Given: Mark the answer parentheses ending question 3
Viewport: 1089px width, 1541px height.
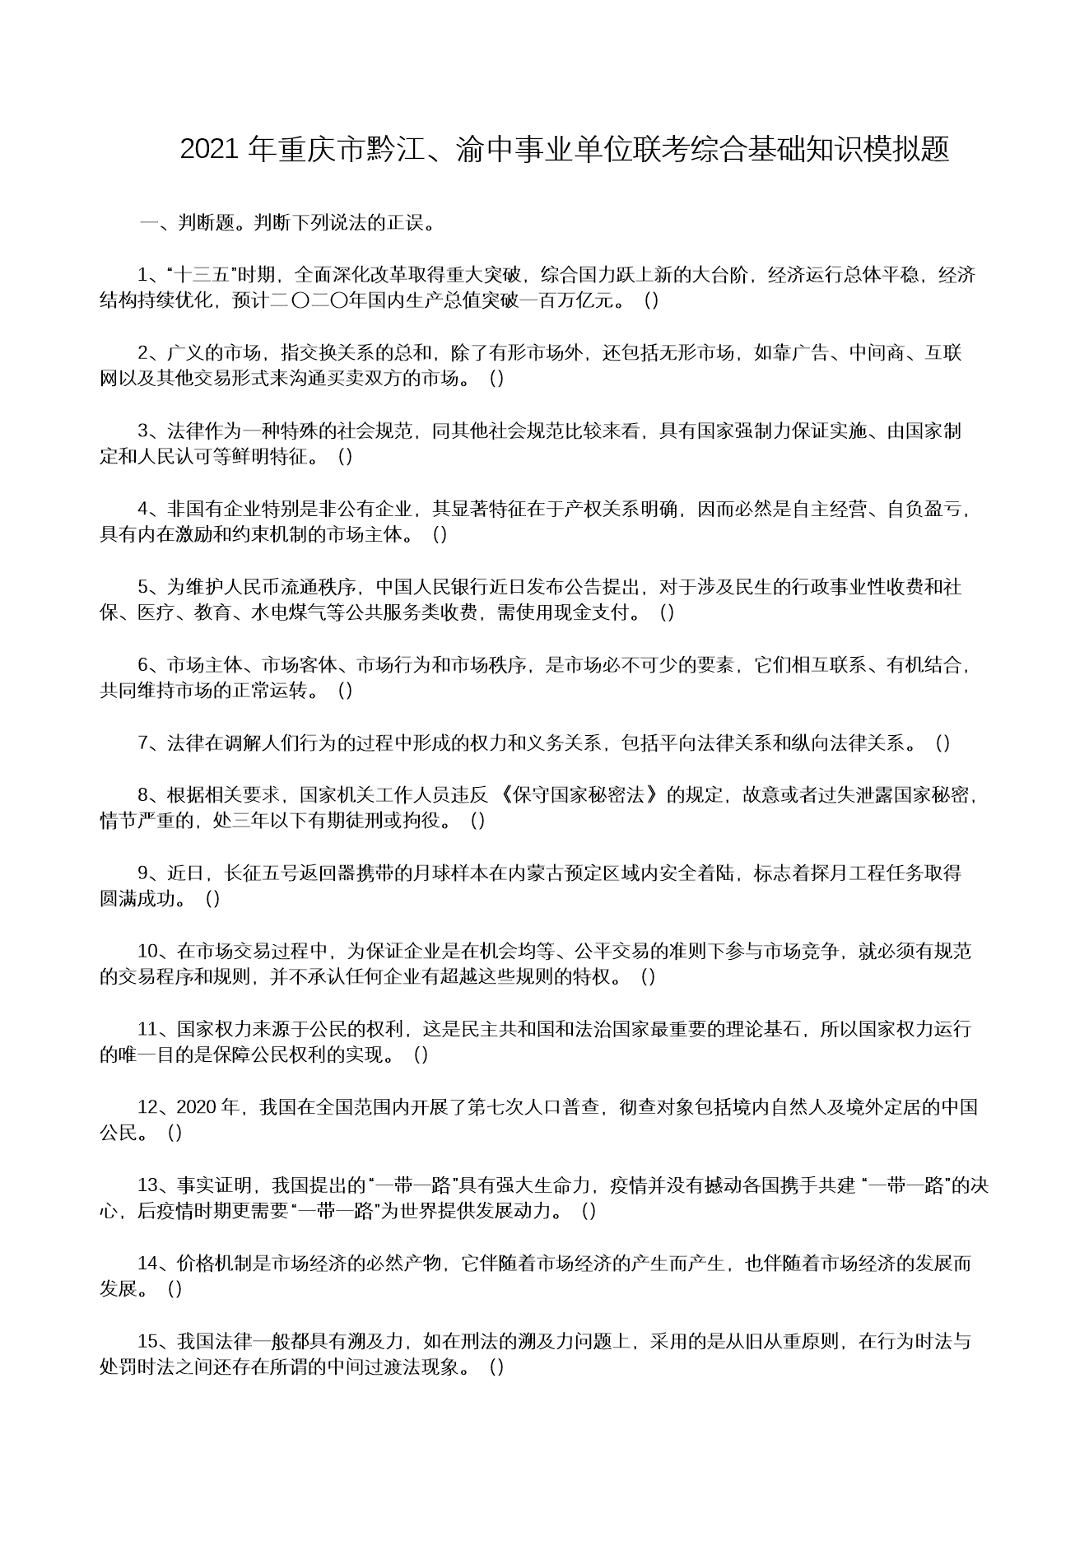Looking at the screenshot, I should click(346, 457).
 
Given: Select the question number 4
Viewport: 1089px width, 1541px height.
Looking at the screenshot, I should click(142, 510).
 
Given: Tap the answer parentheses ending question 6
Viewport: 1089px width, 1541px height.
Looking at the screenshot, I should click(346, 691).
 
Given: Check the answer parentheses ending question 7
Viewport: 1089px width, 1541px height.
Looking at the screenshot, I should click(943, 743).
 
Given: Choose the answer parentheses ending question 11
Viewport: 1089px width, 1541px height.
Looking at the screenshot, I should click(421, 1055).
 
